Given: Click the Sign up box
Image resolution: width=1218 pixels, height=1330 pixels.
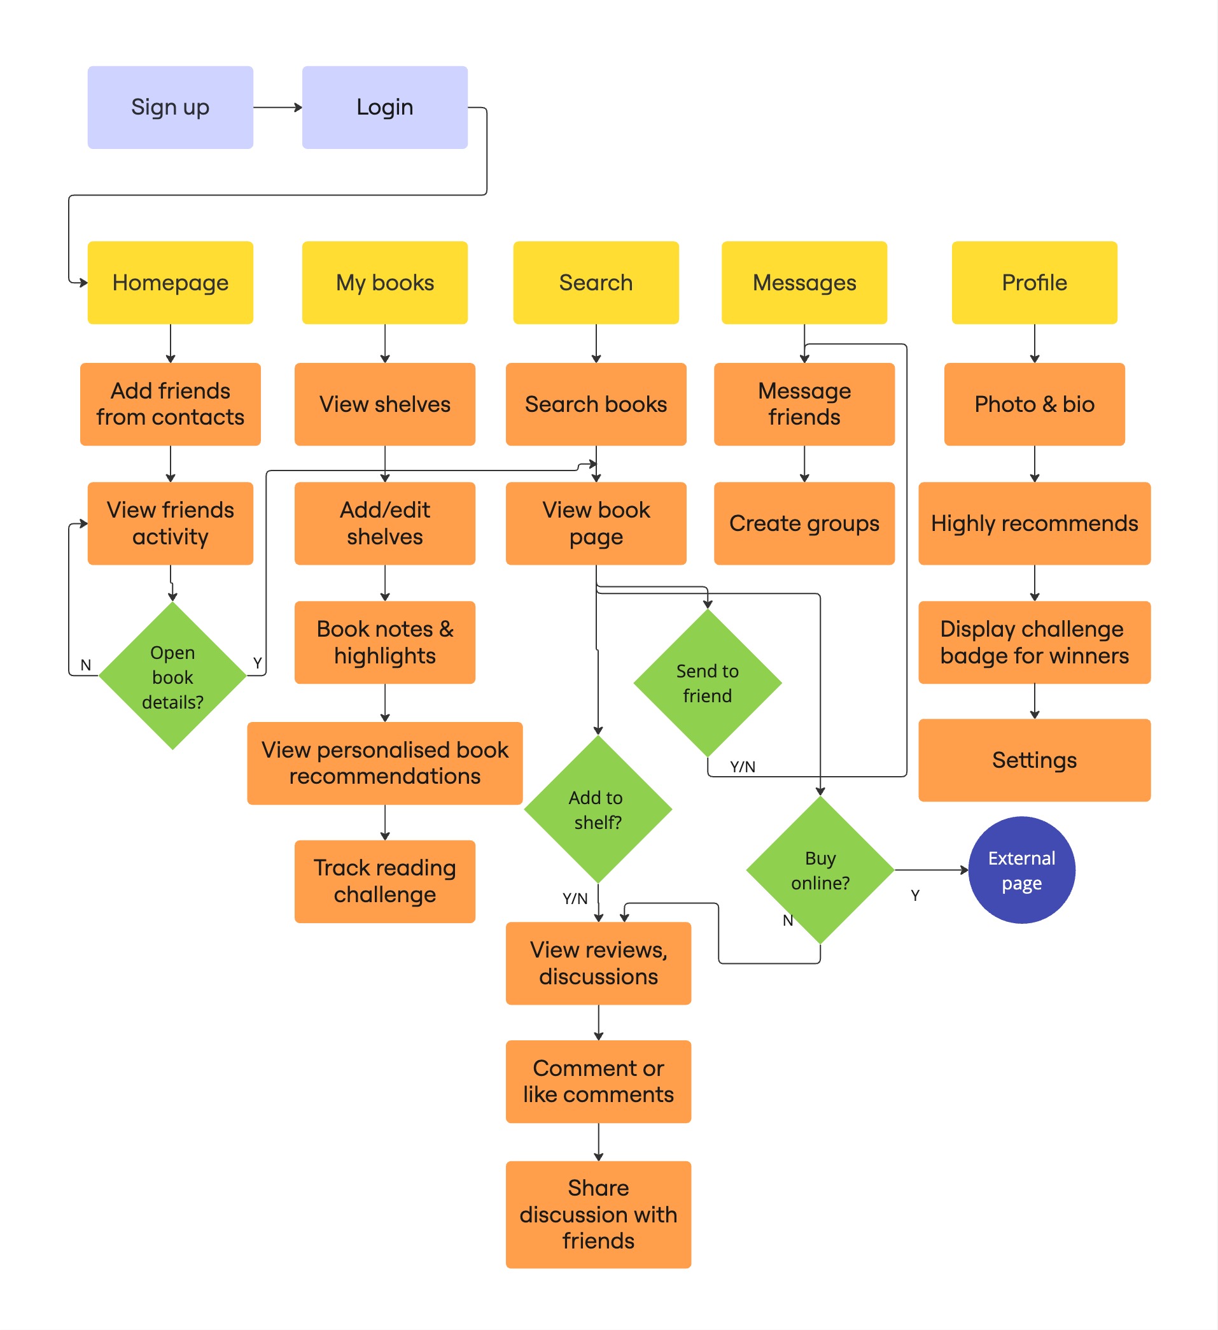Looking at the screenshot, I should coord(170,107).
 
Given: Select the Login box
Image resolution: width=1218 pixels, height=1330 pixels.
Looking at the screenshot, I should coord(384,107).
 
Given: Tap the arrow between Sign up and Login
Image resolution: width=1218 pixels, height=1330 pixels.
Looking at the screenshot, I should coord(277,107).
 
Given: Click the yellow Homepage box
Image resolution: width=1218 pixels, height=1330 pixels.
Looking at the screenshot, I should coord(170,282).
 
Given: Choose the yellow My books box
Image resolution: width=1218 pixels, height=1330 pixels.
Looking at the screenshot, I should coord(384,282).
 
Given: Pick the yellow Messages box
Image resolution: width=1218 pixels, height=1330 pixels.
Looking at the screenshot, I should coord(804,282).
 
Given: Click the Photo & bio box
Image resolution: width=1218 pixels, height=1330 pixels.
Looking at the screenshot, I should coord(1034,404).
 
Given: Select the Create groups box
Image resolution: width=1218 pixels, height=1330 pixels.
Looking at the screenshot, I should coord(804,523).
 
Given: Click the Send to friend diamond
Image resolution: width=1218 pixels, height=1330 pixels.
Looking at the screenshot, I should coord(707,683).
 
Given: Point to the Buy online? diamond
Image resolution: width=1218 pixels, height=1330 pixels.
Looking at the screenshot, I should coord(820,870).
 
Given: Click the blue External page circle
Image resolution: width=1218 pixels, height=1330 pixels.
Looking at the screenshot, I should coord(1021,870).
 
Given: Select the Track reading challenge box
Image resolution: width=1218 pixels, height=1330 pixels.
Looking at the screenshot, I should coord(384,881).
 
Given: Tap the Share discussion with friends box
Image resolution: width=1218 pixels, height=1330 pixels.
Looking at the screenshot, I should coord(598,1214).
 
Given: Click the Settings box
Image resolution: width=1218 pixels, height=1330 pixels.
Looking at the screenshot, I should coord(1034,760).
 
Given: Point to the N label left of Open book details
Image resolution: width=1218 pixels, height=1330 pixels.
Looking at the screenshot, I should coord(86,664).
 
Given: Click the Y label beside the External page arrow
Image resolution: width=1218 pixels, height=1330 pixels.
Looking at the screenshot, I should coord(914,895).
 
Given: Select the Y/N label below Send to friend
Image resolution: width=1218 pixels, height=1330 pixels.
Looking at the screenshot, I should coord(743,767).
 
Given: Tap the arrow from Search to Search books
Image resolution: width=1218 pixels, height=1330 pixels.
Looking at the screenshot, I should coord(596,343).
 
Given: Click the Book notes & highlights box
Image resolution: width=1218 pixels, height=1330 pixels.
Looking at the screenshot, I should coord(384,642).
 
